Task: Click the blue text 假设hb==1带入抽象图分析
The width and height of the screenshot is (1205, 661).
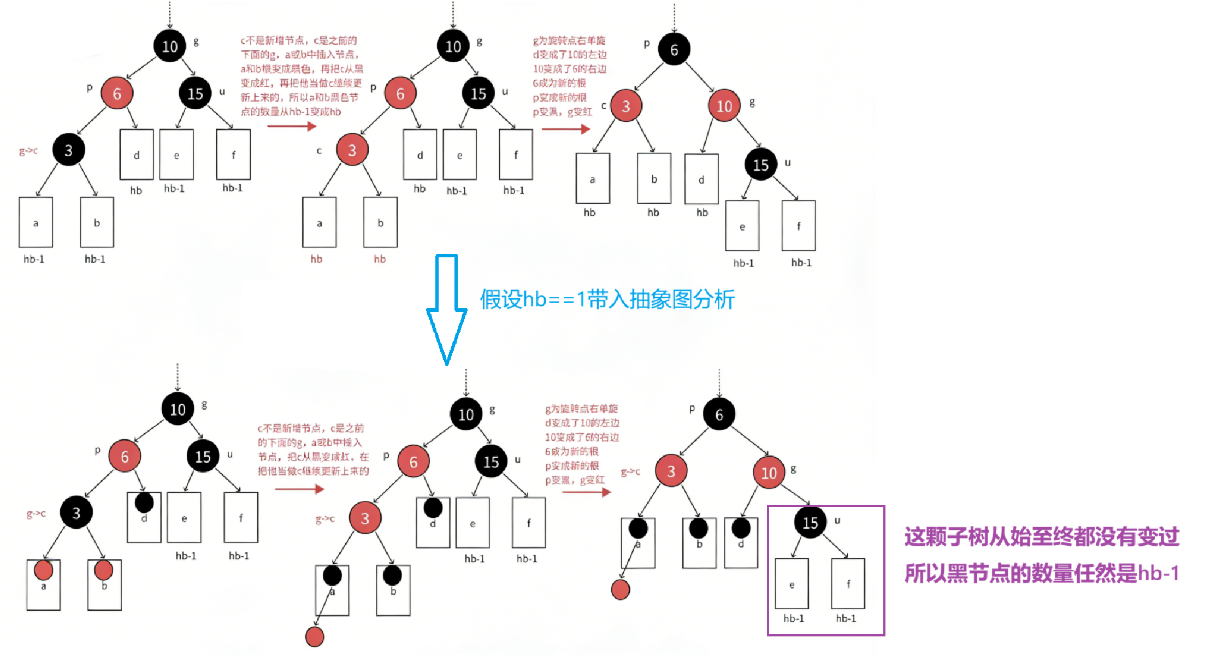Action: click(607, 299)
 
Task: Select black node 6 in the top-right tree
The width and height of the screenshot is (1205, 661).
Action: click(674, 50)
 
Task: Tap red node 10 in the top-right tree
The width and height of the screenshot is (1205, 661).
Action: click(724, 106)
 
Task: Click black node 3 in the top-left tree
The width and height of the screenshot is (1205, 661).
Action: click(68, 150)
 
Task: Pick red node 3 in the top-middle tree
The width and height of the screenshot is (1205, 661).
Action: click(352, 150)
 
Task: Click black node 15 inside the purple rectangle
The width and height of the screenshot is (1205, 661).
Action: click(810, 523)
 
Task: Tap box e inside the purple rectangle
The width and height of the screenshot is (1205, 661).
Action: click(791, 584)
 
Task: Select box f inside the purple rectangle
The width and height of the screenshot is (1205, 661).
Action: click(848, 584)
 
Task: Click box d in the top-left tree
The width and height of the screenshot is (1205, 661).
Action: click(136, 155)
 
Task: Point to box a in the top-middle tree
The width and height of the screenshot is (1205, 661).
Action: click(319, 223)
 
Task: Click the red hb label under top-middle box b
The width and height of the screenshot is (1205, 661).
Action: click(380, 259)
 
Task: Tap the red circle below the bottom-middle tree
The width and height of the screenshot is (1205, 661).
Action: click(315, 636)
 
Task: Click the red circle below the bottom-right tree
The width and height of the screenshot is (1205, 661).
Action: click(621, 589)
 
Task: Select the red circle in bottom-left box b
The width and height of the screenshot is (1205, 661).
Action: click(103, 570)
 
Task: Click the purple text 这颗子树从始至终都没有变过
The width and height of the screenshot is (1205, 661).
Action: click(1042, 537)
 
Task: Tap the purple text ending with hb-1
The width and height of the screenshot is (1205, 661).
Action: click(1042, 574)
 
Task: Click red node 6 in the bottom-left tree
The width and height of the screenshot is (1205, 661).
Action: click(125, 457)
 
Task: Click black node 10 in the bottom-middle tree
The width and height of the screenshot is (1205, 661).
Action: click(466, 415)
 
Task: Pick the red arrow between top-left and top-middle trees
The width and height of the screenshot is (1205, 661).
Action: click(292, 126)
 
